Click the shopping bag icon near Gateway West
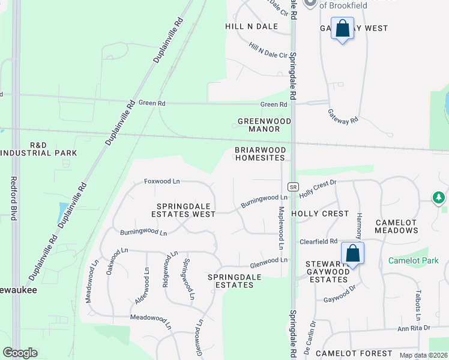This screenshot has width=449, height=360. tap(342, 29)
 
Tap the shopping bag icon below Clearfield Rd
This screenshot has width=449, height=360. tap(353, 254)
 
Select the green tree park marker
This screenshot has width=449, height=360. tap(439, 197)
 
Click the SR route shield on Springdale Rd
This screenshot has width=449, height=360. tap(293, 187)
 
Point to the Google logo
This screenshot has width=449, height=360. tap(20, 353)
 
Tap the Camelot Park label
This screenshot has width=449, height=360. tap(413, 260)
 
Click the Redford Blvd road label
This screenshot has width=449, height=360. tap(13, 199)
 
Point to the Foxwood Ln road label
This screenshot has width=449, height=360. tap(162, 181)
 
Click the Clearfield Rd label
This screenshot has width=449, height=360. tap(318, 241)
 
